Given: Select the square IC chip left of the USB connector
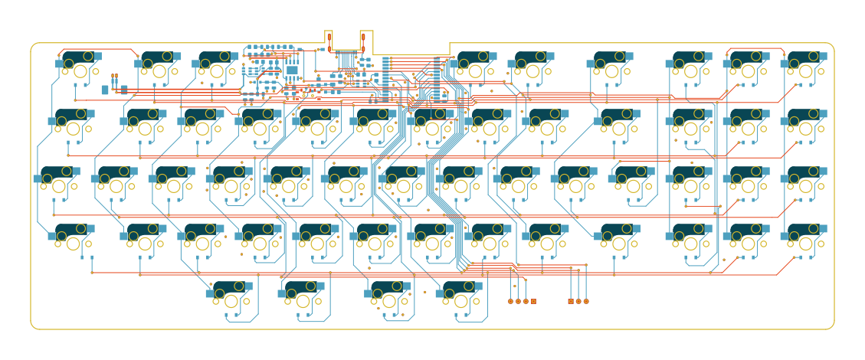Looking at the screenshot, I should [292, 70].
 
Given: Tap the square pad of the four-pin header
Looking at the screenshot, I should [533, 301].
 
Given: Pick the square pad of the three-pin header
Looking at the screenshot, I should [571, 301].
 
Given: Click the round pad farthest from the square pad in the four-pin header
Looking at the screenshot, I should [510, 301].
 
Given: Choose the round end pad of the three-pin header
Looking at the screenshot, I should [586, 301].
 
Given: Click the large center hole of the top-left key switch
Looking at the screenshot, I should [80, 71].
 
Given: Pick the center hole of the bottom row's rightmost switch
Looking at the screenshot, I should [461, 300].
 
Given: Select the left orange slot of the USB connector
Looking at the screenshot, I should [329, 40].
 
